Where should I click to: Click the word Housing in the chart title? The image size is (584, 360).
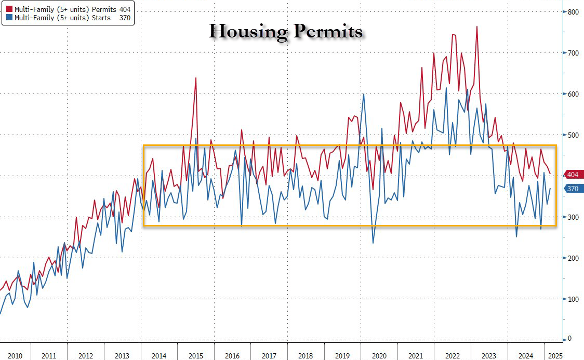coord(248,32)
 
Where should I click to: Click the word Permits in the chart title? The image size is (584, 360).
coord(325,32)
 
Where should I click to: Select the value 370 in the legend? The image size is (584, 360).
coord(125,19)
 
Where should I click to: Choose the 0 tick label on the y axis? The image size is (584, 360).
coord(570,339)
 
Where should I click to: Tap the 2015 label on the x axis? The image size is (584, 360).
coord(195,356)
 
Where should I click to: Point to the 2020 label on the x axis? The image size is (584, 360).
coord(379,356)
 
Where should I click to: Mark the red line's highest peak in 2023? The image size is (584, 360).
coord(476,26)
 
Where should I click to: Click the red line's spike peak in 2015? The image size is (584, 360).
coord(196,78)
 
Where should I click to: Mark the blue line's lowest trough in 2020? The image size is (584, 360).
coord(373,243)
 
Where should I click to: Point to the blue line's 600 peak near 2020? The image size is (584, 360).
coord(363,94)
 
